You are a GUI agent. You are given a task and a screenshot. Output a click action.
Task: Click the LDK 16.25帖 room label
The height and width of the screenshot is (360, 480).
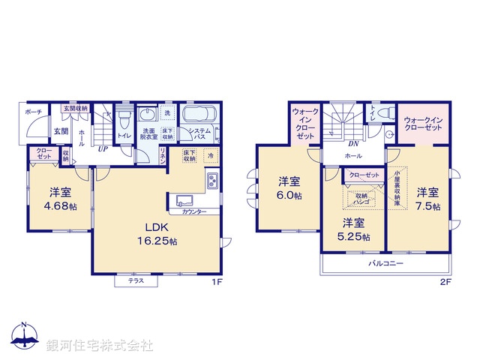click(x=156, y=234)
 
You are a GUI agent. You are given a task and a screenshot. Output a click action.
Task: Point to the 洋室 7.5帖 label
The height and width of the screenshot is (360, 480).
click(x=428, y=198)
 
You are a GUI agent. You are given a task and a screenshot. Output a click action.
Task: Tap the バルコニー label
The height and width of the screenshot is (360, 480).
click(x=385, y=265)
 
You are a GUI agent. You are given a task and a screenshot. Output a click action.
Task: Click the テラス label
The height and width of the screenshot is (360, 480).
click(x=136, y=280)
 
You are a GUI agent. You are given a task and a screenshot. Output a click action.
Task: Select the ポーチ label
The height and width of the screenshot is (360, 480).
click(x=32, y=112)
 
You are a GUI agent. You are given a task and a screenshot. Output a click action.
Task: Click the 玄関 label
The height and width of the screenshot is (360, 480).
click(x=61, y=131)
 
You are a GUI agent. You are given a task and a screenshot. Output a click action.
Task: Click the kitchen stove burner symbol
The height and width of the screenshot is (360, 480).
click(x=212, y=181)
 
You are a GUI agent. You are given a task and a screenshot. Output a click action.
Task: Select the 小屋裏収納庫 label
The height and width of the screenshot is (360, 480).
click(x=397, y=188)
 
